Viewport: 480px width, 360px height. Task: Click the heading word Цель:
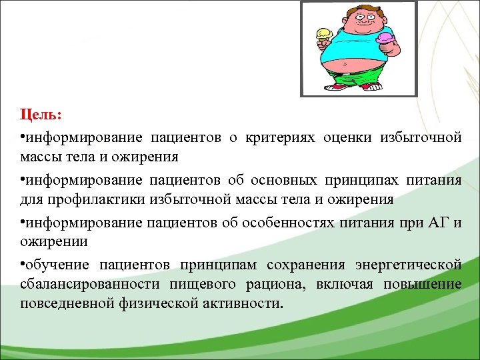41,115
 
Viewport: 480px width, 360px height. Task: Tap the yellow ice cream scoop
324,33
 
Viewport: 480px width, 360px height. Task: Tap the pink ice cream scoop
385,39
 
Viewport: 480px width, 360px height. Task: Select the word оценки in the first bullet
349,137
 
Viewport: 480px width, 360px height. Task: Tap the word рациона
276,284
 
